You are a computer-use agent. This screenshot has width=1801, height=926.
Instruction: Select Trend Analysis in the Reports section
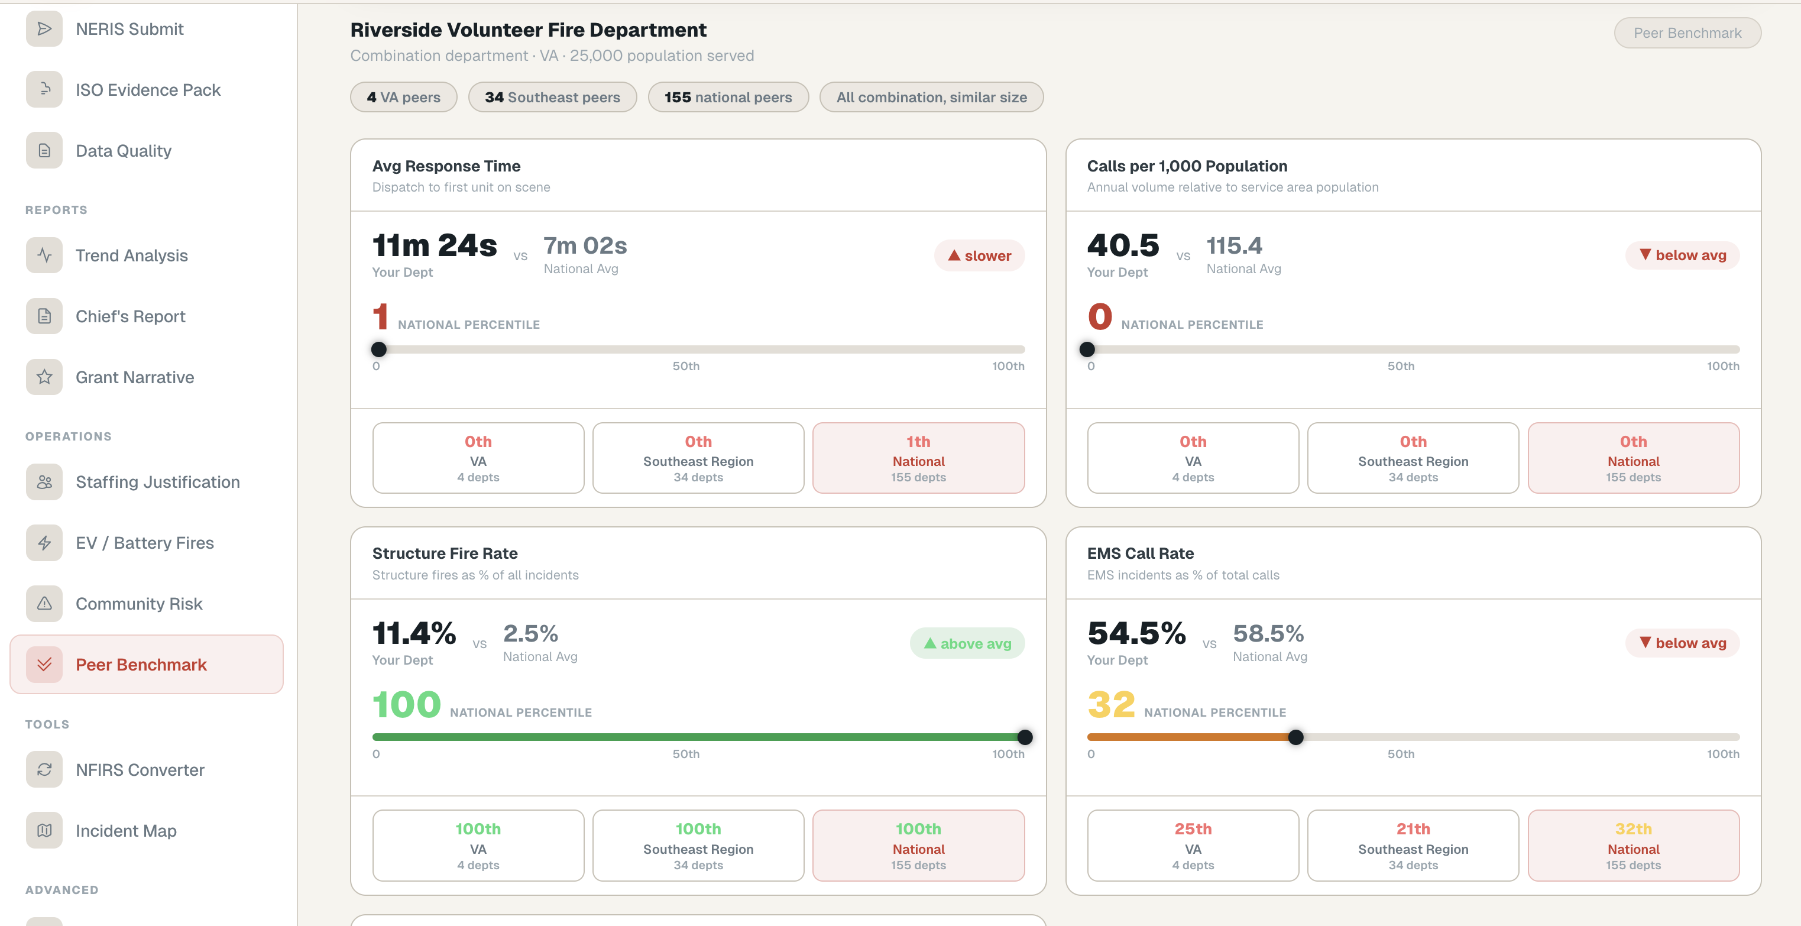(x=131, y=255)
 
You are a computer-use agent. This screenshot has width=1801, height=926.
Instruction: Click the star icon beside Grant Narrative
(x=44, y=377)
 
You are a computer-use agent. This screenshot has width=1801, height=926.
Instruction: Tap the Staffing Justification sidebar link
(x=157, y=482)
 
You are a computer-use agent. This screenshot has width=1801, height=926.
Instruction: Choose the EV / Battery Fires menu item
(x=144, y=543)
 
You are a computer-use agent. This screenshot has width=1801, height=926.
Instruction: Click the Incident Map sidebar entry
(x=126, y=830)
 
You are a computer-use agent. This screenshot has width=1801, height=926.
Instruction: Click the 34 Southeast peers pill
(x=552, y=97)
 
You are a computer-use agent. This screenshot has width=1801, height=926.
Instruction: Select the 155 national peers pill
(x=728, y=97)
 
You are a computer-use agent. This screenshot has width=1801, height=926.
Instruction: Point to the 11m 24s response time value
(x=434, y=245)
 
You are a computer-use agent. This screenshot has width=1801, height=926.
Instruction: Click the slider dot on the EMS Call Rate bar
(x=1295, y=737)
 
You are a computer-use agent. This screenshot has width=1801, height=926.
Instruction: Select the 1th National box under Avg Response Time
(x=918, y=458)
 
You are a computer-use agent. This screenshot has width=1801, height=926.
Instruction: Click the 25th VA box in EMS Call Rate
(x=1193, y=846)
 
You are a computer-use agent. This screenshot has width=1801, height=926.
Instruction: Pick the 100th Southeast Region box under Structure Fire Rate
(x=698, y=846)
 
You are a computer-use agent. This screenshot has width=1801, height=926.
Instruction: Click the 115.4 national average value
(x=1234, y=245)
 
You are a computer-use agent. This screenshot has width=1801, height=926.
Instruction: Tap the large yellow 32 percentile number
(x=1111, y=704)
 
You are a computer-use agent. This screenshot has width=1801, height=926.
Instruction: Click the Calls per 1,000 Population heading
(x=1187, y=166)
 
